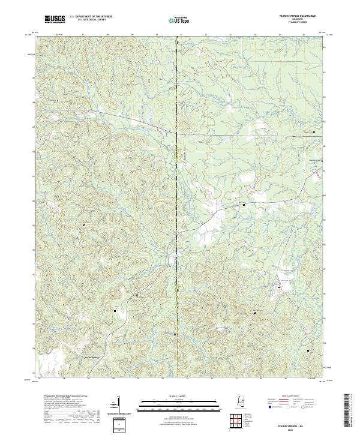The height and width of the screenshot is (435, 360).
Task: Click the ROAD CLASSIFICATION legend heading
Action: point(291,397)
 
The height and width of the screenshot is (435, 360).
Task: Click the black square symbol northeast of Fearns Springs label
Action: point(115,311)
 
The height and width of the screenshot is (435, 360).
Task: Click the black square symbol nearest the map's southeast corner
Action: point(310,349)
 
